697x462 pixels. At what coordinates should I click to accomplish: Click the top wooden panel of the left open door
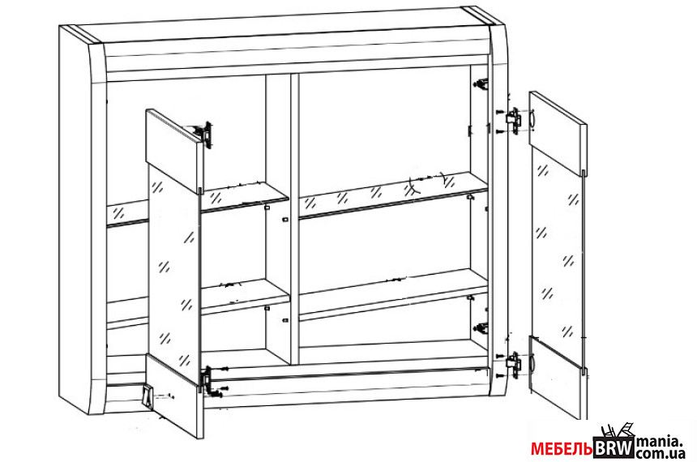174,149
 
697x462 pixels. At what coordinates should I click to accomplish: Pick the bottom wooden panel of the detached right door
558,378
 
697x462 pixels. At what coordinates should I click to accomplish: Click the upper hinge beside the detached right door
513,120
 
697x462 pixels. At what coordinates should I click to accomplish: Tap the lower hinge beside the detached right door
513,365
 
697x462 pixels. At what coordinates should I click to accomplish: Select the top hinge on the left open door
206,135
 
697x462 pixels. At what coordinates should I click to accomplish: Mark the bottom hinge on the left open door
206,380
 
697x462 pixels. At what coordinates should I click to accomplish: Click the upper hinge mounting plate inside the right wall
481,83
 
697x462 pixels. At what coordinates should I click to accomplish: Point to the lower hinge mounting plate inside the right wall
481,328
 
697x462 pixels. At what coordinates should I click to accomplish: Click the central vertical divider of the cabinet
295,218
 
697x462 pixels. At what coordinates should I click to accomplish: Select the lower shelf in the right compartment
393,293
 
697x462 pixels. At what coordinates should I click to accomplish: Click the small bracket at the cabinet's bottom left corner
148,397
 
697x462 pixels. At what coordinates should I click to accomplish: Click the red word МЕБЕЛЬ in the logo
562,449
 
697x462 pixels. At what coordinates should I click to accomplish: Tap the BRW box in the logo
614,447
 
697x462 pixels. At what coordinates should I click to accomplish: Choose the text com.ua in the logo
660,454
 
